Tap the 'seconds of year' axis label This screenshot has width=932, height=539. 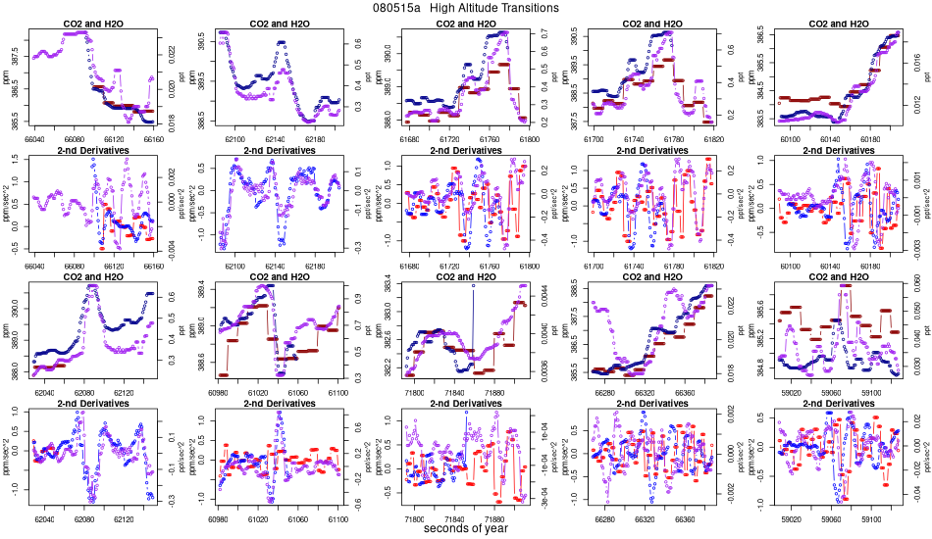pyautogui.click(x=466, y=529)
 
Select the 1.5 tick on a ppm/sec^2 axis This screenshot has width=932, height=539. pyautogui.click(x=23, y=164)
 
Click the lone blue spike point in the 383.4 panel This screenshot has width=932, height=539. pyautogui.click(x=473, y=286)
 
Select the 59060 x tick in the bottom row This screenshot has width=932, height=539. pyautogui.click(x=833, y=519)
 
